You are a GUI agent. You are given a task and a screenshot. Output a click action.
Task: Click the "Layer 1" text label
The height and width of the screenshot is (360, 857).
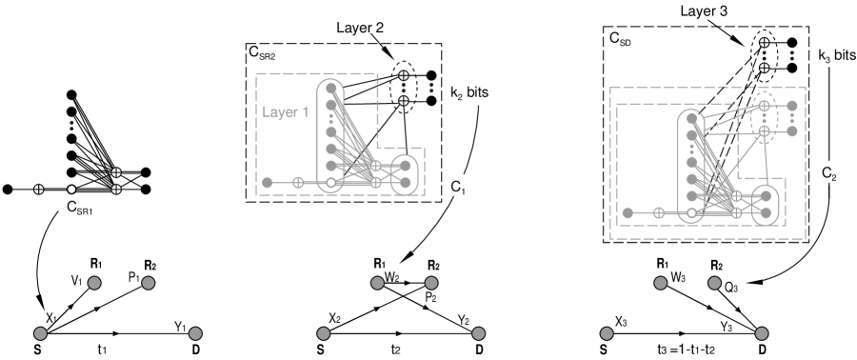pos(285,112)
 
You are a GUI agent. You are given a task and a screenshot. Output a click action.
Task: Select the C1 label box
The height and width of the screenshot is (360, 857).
pos(458,184)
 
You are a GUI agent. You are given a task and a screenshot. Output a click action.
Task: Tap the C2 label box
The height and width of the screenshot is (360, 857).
pos(828,171)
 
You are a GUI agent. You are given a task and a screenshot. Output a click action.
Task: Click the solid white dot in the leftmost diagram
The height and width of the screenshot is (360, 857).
pos(71,190)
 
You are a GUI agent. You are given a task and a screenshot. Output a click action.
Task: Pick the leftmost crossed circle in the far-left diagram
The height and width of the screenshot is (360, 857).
pos(39,190)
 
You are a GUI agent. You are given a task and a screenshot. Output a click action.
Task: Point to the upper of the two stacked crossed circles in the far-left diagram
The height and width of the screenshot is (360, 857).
pos(116,172)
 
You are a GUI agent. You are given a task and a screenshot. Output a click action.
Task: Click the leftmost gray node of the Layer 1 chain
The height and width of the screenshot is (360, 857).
pos(268,182)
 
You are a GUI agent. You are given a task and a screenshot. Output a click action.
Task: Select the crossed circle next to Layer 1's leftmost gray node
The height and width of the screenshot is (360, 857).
pos(297,182)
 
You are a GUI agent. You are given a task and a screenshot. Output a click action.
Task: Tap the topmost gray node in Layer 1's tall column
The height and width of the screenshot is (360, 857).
pos(331,90)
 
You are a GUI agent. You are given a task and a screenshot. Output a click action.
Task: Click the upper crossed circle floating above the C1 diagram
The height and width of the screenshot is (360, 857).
pos(403,75)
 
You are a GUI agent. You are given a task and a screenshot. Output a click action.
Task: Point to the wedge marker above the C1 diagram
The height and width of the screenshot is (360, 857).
pos(388,53)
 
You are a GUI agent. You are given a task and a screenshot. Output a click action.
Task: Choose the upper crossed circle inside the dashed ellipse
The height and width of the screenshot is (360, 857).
pos(764,105)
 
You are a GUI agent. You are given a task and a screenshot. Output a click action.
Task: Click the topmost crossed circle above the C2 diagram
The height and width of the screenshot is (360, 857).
pos(764,43)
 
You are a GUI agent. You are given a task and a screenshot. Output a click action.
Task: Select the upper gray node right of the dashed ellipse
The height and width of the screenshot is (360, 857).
pos(791,105)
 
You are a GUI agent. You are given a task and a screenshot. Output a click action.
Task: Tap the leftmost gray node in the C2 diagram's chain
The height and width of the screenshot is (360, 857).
pos(628,212)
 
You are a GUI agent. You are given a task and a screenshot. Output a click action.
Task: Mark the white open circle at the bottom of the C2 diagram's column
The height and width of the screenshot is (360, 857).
pos(691,212)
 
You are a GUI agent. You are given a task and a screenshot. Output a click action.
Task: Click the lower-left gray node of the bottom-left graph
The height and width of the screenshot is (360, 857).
pos(40,333)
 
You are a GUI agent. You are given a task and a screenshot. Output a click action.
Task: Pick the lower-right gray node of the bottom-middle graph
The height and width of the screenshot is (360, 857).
pos(478,333)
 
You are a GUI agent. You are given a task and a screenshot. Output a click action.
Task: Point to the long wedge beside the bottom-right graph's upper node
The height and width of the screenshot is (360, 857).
pos(753,282)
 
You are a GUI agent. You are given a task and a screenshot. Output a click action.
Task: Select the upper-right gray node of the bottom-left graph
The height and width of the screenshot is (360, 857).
pos(148,283)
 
